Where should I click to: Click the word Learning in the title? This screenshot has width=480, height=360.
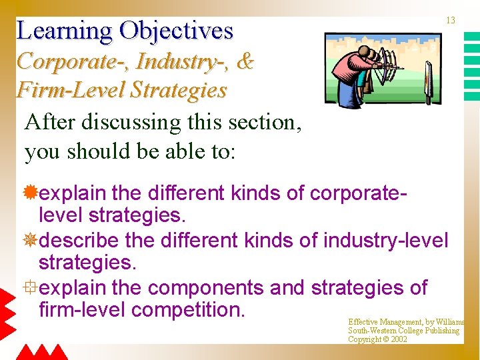(x=63, y=31)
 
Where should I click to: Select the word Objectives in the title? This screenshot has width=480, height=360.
(x=176, y=31)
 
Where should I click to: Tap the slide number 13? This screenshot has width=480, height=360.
(x=451, y=21)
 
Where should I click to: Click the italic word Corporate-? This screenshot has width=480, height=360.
(x=73, y=61)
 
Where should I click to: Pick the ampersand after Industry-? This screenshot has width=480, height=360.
(x=245, y=61)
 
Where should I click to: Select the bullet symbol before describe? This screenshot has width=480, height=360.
(x=31, y=239)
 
